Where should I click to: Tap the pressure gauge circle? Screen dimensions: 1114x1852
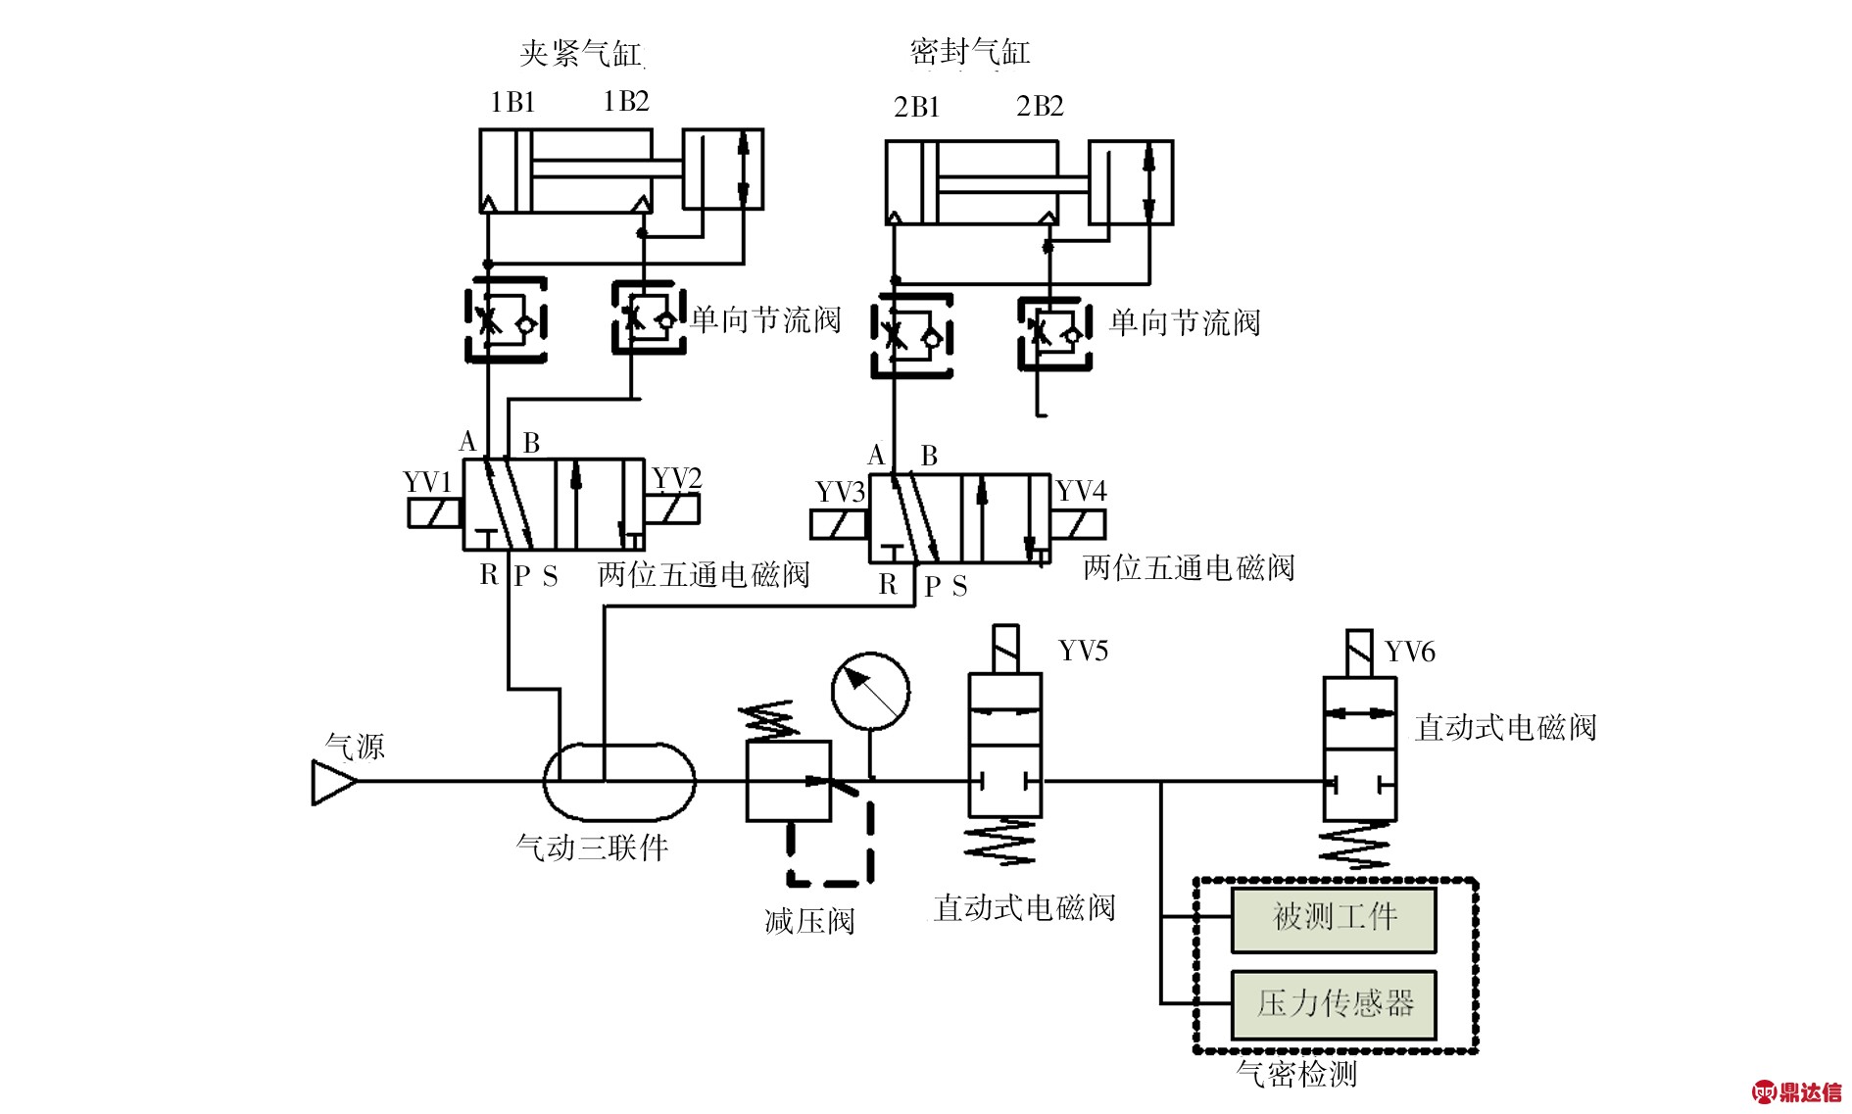870,692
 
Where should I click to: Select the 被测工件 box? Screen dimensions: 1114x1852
1333,919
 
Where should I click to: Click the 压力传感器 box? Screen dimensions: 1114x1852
1333,1004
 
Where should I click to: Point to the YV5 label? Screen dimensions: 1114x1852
1083,652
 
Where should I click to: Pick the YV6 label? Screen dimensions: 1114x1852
1409,653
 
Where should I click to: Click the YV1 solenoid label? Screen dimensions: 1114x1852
427,482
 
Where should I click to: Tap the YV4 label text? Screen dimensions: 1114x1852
1081,491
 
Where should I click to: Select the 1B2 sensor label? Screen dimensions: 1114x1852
625,102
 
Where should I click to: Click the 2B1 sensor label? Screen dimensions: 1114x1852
916,107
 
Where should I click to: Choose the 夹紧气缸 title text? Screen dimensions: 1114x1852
580,53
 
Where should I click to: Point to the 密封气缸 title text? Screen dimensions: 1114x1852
969,51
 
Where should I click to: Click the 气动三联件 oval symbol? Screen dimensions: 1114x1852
619,781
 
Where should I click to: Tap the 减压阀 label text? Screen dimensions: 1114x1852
809,921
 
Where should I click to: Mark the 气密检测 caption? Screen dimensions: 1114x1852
1295,1074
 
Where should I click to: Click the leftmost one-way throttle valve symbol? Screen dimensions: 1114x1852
505,320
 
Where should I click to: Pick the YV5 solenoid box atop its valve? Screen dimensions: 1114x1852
1005,648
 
